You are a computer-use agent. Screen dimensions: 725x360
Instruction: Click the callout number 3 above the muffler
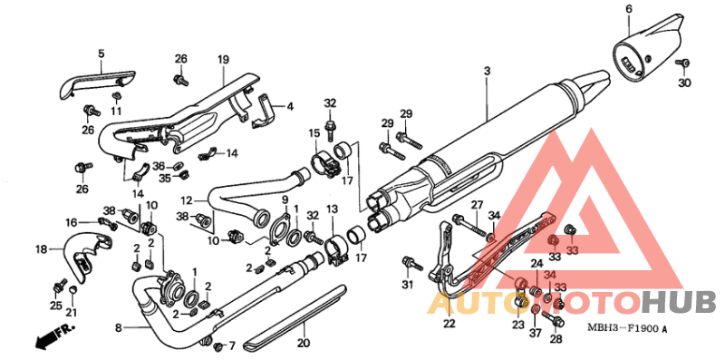[x=487, y=72]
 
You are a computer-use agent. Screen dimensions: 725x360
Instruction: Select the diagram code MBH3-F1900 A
[x=627, y=329]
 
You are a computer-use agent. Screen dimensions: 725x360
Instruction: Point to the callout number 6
[x=628, y=8]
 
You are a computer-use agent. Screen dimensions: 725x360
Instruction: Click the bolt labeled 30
[x=683, y=63]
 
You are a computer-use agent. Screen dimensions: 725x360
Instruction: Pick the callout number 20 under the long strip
[x=304, y=344]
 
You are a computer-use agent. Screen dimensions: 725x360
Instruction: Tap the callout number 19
[x=223, y=60]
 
